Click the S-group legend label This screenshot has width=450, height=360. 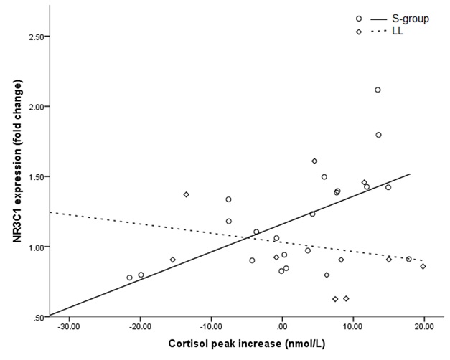click(411, 19)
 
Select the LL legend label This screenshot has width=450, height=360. click(398, 31)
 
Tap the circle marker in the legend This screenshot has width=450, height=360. click(359, 19)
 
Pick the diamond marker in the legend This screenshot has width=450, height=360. click(359, 32)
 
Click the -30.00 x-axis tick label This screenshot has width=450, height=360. click(69, 327)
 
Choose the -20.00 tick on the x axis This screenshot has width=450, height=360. click(141, 327)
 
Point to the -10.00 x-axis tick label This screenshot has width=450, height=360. click(211, 327)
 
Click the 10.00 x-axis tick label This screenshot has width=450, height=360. click(353, 327)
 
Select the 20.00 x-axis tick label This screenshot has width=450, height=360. click(424, 327)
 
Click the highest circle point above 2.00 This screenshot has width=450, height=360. click(378, 90)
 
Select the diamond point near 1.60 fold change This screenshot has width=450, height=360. click(314, 161)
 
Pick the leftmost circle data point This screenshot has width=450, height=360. click(129, 278)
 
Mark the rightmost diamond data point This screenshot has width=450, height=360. click(423, 267)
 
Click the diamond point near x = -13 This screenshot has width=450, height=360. click(187, 195)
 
